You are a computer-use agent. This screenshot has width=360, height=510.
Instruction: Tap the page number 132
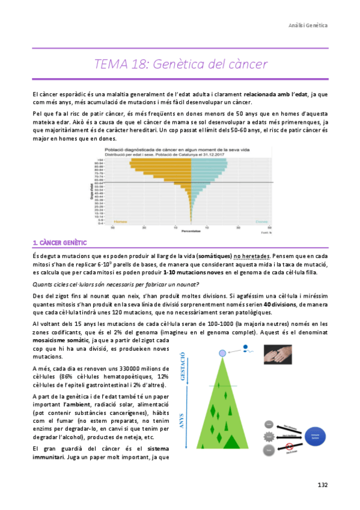[323, 485]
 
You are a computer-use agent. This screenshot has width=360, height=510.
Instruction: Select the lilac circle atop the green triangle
[223, 352]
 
